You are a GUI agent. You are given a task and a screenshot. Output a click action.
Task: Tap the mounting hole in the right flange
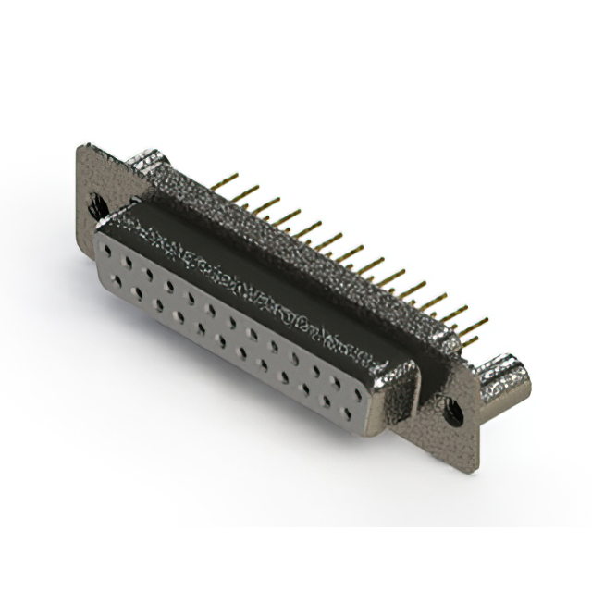coord(452,404)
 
